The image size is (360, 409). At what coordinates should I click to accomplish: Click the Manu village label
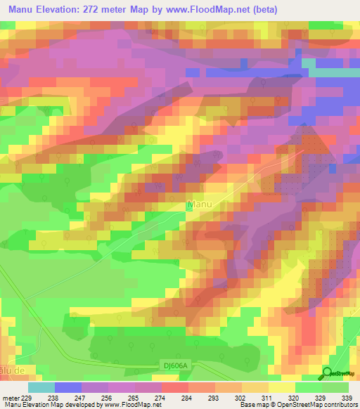pyautogui.click(x=200, y=205)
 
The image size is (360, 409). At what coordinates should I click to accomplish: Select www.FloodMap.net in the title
pyautogui.click(x=208, y=10)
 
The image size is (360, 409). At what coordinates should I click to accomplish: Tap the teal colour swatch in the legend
pyautogui.click(x=41, y=387)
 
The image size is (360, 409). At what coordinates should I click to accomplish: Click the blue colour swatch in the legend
pyautogui.click(x=68, y=387)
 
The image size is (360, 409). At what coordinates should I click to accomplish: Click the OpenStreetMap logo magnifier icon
pyautogui.click(x=327, y=373)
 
